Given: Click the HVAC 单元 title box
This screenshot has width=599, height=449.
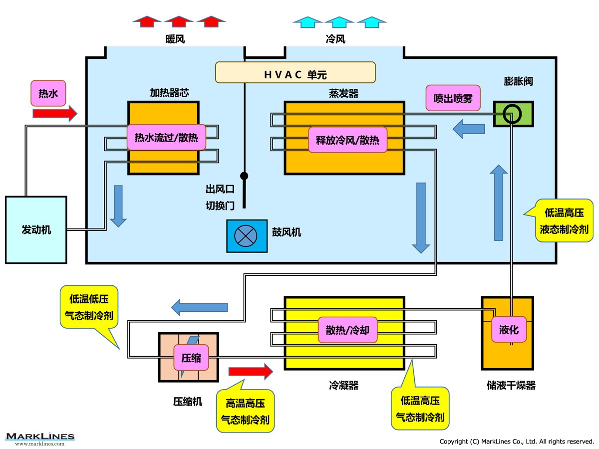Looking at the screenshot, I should [295, 72].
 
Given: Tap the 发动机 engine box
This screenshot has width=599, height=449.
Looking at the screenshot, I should [36, 229].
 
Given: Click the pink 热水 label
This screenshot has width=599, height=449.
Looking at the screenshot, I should [48, 93].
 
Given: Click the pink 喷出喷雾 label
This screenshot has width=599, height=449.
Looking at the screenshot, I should [453, 98].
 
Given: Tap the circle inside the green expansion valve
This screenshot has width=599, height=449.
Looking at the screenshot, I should [512, 114].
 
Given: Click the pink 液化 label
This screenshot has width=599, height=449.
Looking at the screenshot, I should [509, 329].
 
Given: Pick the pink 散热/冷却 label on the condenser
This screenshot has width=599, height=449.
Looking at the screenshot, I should [347, 330].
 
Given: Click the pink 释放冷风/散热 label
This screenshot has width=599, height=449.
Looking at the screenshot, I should [347, 140].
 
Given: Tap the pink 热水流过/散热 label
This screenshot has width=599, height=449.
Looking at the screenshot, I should [166, 137].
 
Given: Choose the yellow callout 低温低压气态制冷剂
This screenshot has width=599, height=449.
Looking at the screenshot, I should [89, 307].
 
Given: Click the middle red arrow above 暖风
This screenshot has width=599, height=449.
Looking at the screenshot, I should [179, 21].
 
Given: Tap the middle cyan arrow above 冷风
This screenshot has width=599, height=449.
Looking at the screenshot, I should [339, 21].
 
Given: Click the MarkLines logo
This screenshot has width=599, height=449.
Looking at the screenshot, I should [40, 438].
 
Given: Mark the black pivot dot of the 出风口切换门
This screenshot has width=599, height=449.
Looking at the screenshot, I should [244, 176].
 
